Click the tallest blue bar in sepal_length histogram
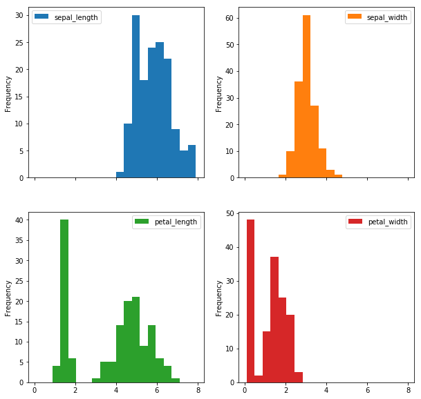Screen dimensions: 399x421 pos(135,97)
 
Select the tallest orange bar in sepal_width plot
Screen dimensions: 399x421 pos(306,97)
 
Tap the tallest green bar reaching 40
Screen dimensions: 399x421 pos(64,301)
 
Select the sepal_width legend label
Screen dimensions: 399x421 pos(386,17)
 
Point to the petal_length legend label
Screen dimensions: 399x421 pos(174,222)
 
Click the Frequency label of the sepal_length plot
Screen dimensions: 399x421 pos(8,93)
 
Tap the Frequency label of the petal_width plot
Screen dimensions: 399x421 pos(219,298)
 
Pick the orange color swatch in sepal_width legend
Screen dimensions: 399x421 pos(354,17)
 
